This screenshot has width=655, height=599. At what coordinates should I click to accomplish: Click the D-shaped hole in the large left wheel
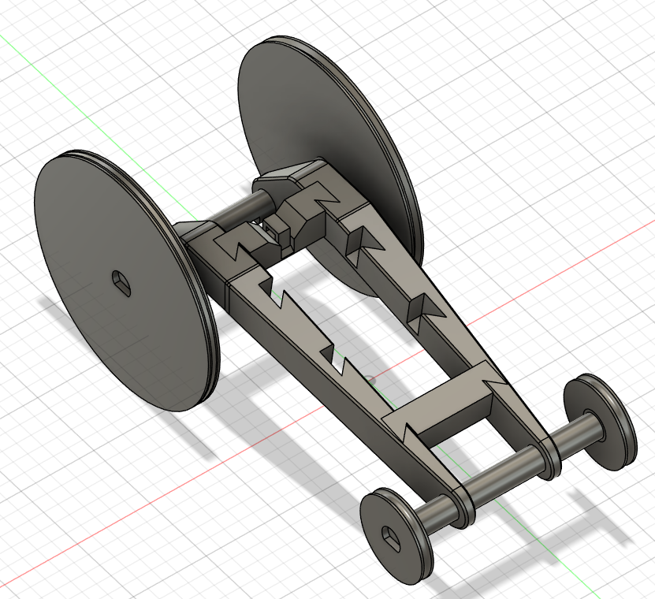[119, 281]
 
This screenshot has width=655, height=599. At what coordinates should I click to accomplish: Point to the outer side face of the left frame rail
[315, 363]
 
